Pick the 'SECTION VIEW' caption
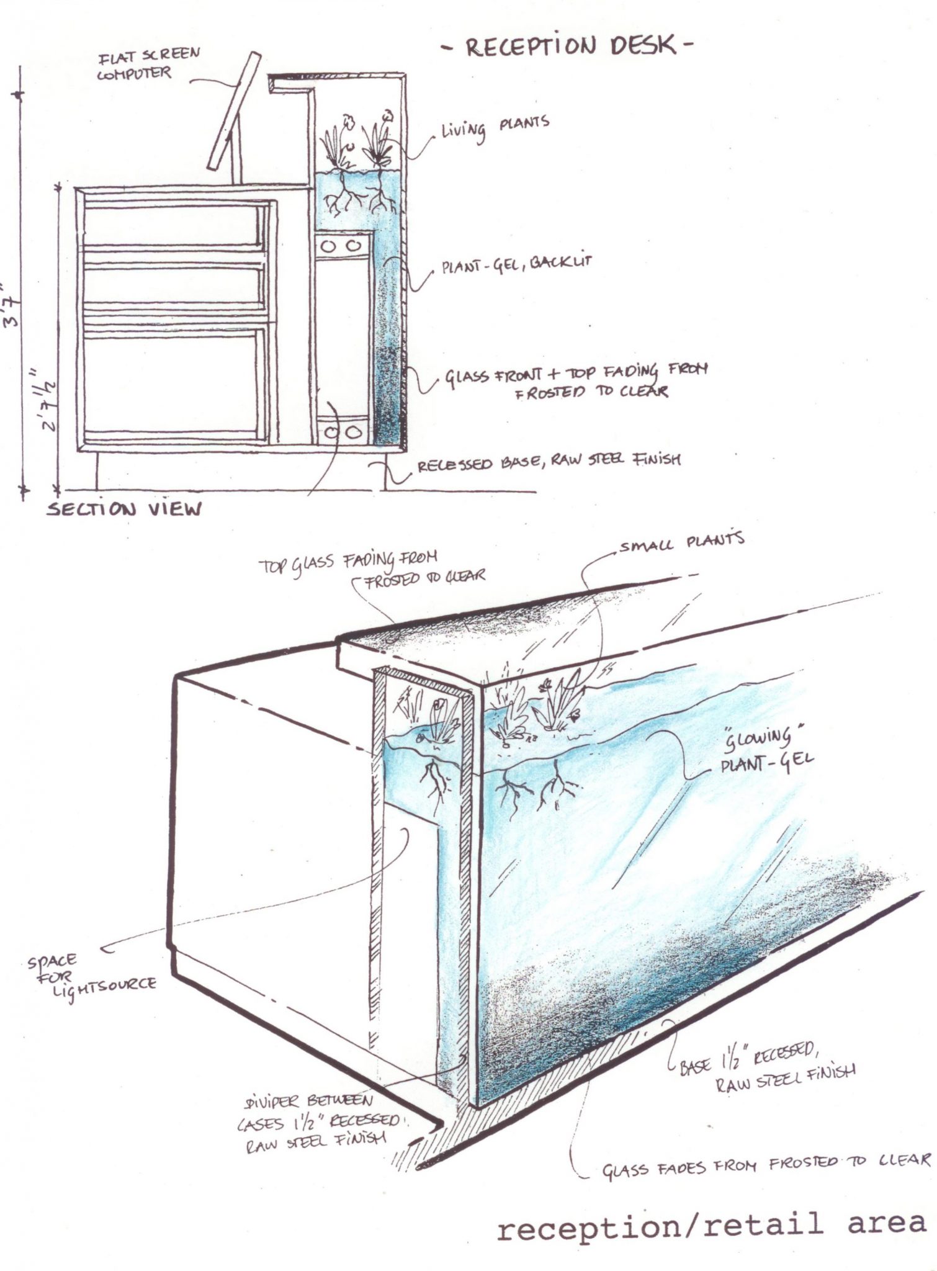[125, 509]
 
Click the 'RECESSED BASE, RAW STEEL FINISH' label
[549, 462]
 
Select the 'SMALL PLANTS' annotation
[681, 543]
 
